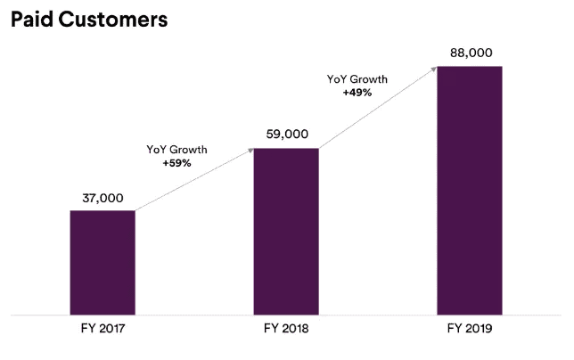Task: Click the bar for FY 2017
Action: click(102, 262)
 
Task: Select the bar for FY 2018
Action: click(286, 231)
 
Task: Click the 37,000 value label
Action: click(102, 198)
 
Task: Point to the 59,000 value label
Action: click(286, 135)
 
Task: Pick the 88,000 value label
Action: click(469, 53)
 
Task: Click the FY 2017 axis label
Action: click(102, 329)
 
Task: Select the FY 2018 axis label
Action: click(286, 329)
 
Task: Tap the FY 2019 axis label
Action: click(469, 329)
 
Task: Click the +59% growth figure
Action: click(176, 164)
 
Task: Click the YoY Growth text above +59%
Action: click(176, 150)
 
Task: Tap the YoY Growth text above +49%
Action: click(357, 78)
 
